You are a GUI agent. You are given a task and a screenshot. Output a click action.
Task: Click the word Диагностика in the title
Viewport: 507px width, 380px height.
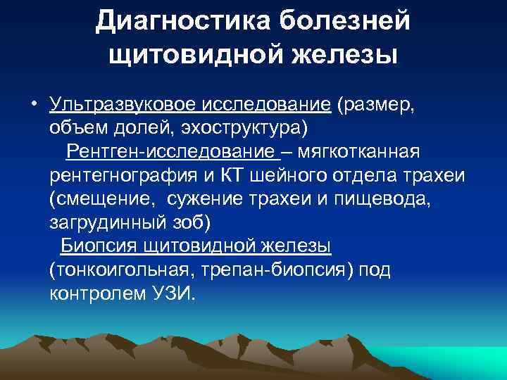coord(181,21)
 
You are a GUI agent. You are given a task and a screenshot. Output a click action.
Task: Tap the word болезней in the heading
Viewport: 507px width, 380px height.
coord(343,21)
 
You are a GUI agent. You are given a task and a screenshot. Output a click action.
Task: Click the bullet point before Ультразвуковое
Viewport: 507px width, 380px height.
coord(32,106)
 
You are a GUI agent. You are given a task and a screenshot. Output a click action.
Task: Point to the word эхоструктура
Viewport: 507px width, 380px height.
coord(253,129)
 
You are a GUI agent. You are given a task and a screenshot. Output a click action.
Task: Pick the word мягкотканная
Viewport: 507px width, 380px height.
coord(370,152)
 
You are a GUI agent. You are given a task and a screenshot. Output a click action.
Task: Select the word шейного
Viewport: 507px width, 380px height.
coord(287,175)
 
